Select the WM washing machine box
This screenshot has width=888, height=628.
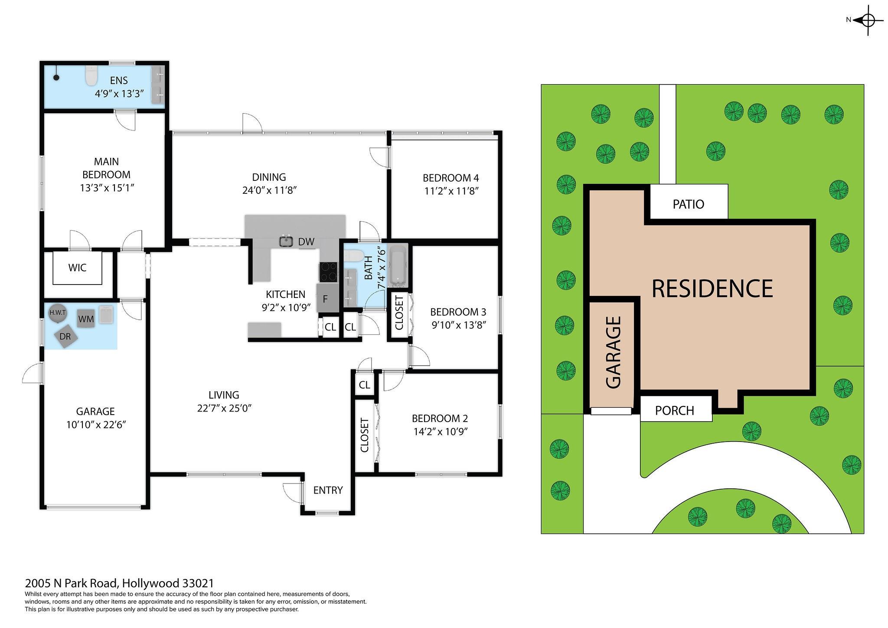(x=86, y=319)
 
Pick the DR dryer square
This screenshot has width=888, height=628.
(x=65, y=336)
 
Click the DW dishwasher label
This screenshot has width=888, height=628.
(x=306, y=242)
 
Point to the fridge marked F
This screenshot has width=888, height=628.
(x=327, y=298)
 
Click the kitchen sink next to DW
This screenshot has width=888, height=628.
(x=286, y=241)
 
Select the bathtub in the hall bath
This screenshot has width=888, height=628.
(x=398, y=267)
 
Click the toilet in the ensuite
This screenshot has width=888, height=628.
(x=91, y=76)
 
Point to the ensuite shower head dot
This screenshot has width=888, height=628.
(x=56, y=78)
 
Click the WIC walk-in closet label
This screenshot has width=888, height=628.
(x=77, y=268)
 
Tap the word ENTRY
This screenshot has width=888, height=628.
(x=328, y=490)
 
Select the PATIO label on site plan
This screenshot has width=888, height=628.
(x=689, y=204)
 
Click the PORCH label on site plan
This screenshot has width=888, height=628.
(x=674, y=410)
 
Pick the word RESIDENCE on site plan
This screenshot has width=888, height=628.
(x=712, y=288)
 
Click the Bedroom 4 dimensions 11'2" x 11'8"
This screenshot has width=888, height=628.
(x=451, y=191)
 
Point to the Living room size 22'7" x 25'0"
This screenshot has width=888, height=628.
(x=224, y=408)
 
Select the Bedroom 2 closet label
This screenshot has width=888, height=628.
(x=364, y=435)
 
